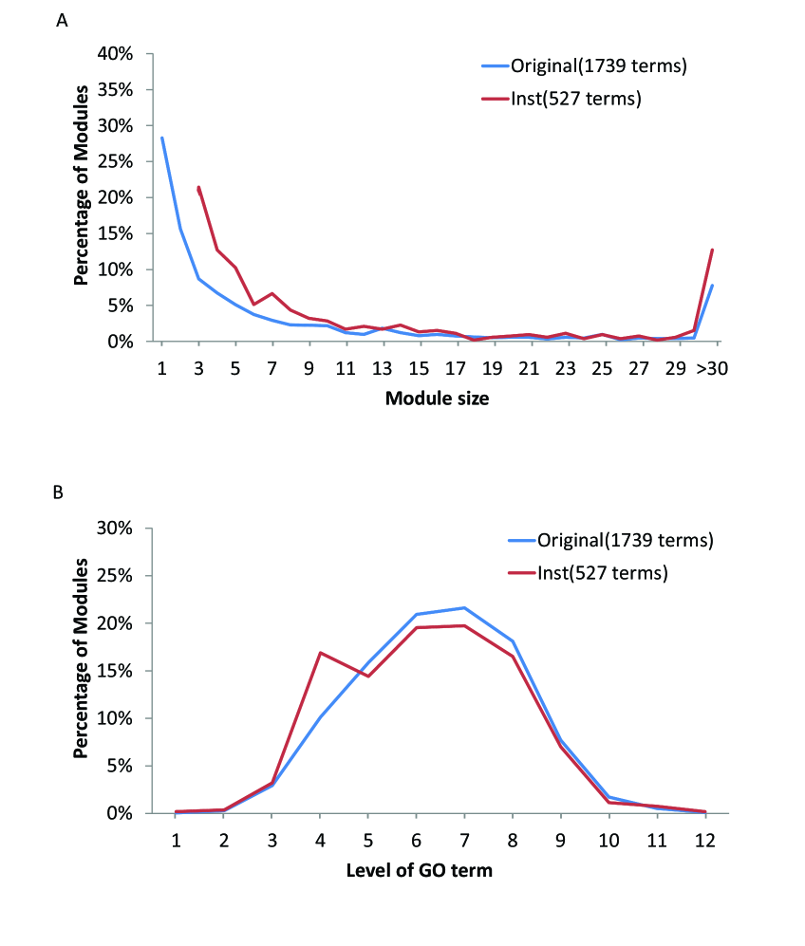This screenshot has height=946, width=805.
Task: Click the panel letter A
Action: click(62, 22)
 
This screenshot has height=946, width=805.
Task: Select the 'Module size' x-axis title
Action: click(437, 399)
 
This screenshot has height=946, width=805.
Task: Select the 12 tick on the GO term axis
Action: click(703, 839)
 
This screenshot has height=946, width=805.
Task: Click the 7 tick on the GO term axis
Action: click(464, 839)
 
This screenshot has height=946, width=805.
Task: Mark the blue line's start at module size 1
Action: click(161, 138)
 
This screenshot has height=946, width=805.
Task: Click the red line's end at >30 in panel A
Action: click(712, 250)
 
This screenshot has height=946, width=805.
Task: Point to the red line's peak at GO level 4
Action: click(320, 653)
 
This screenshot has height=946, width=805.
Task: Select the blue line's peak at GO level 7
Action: click(464, 607)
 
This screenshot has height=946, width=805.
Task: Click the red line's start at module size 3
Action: click(198, 187)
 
